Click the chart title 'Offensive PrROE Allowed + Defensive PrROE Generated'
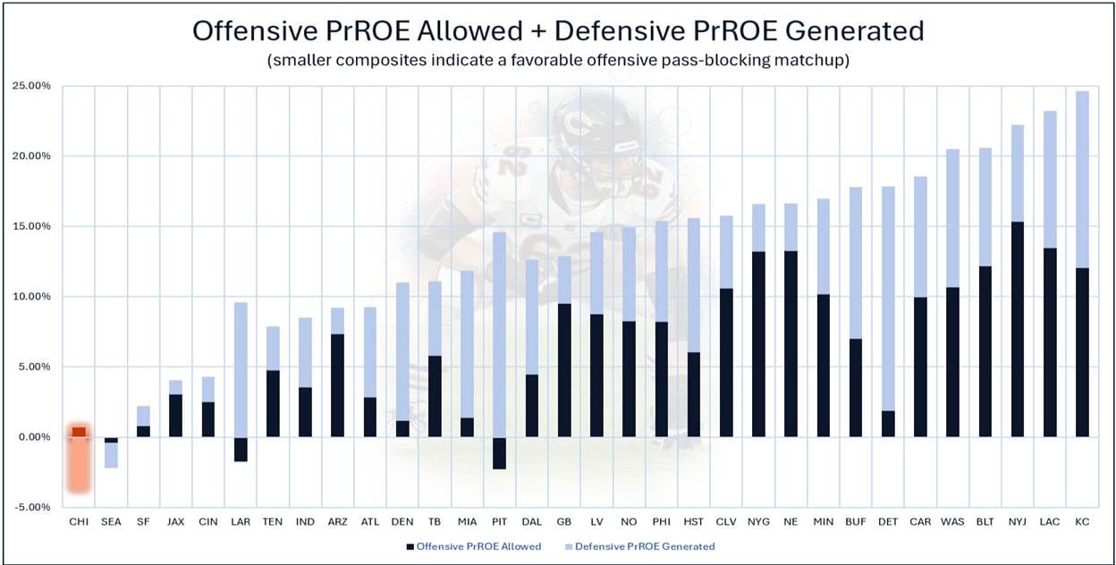click(558, 30)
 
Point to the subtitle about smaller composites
click(558, 61)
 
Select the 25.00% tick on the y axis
click(30, 86)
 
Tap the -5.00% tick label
click(30, 507)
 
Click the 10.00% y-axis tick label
click(30, 297)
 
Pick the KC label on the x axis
click(1082, 520)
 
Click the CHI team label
click(80, 520)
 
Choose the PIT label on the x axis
click(500, 520)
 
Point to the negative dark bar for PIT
click(500, 453)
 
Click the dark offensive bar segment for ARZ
click(338, 385)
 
